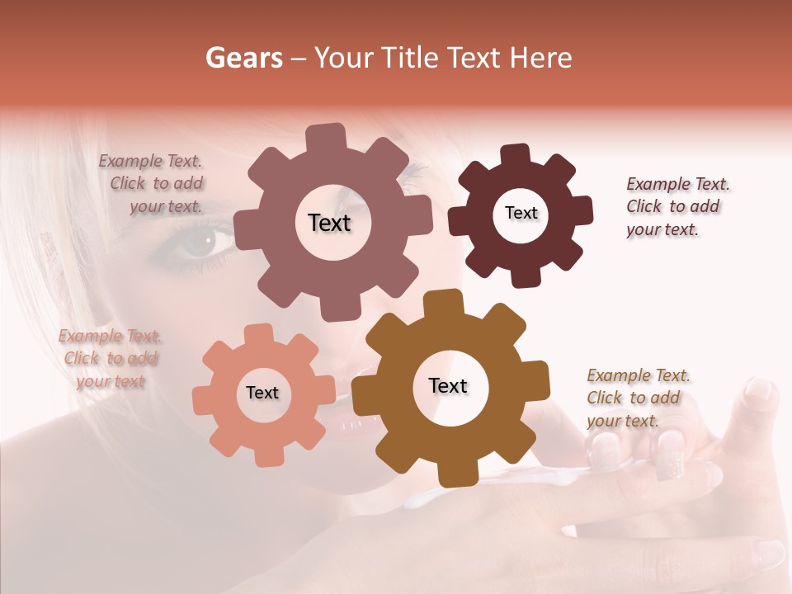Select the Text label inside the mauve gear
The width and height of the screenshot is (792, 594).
point(329,223)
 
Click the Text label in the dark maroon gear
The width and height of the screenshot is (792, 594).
point(521,213)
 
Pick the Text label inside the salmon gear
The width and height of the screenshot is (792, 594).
point(262,393)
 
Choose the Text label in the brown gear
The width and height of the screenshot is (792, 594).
point(448,385)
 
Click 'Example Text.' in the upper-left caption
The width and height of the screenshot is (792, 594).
point(150,161)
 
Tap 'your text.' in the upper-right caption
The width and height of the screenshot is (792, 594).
point(662,230)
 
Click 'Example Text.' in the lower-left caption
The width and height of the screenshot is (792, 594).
point(110,336)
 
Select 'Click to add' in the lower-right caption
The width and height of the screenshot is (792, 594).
point(634,398)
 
